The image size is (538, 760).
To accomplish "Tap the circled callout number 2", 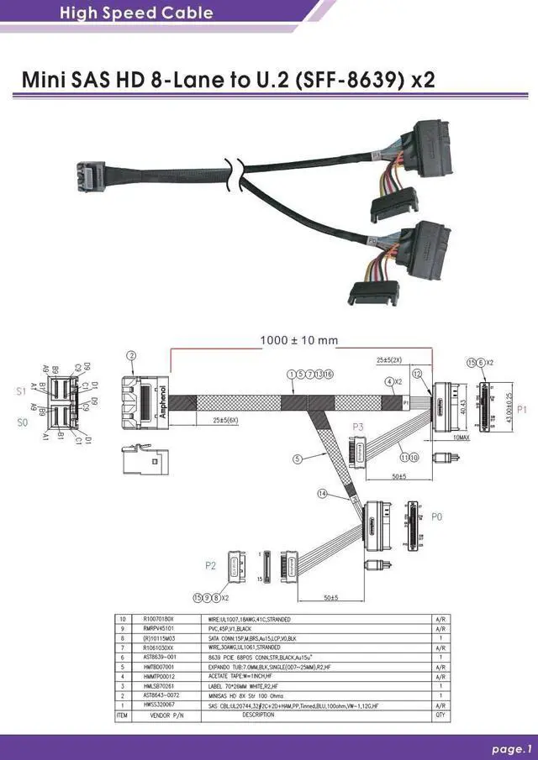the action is coord(130,356).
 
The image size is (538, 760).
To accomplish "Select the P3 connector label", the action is coord(358,427).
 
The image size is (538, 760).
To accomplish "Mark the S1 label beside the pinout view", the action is coord(20,391).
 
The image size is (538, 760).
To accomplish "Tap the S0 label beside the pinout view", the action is coord(23,422).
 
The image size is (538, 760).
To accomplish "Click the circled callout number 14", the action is coord(321,494).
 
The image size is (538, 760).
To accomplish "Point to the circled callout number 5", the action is coord(298,459).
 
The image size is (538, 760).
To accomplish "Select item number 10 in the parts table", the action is coord(123,619).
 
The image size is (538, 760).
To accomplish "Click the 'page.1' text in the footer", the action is coord(512,748).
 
